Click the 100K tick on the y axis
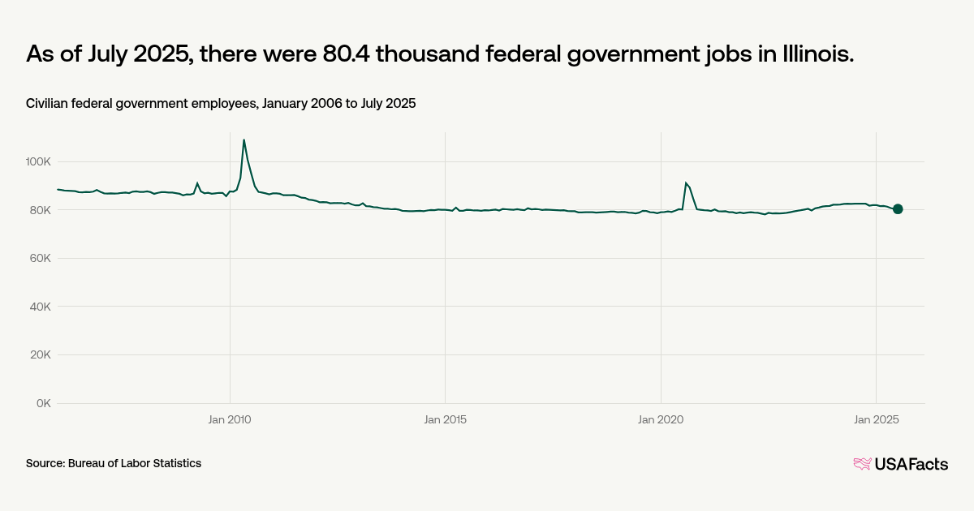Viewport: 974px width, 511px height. tap(38, 162)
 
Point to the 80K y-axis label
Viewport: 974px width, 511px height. tap(40, 210)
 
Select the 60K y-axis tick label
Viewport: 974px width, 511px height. tap(40, 259)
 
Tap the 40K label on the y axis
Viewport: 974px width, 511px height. tap(40, 307)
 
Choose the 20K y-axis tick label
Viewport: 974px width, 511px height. tap(40, 355)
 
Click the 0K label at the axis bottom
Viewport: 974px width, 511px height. tap(43, 403)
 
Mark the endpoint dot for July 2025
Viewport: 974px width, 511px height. tap(898, 209)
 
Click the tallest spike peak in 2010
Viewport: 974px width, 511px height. tap(244, 140)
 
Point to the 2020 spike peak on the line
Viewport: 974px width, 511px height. tap(686, 182)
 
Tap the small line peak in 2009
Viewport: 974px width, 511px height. tap(197, 183)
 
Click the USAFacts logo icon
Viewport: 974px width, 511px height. tap(862, 464)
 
